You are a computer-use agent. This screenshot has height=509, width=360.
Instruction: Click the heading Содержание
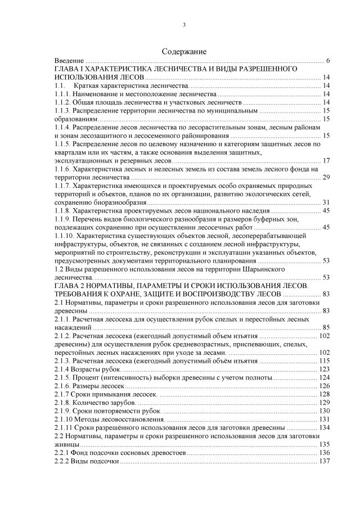184,51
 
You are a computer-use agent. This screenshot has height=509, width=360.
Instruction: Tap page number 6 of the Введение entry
327,60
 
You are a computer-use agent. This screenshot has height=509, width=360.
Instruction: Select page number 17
326,161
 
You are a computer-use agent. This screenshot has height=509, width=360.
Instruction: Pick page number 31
326,202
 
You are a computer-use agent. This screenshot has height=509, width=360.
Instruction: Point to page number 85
326,328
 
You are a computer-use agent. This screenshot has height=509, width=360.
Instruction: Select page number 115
324,361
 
